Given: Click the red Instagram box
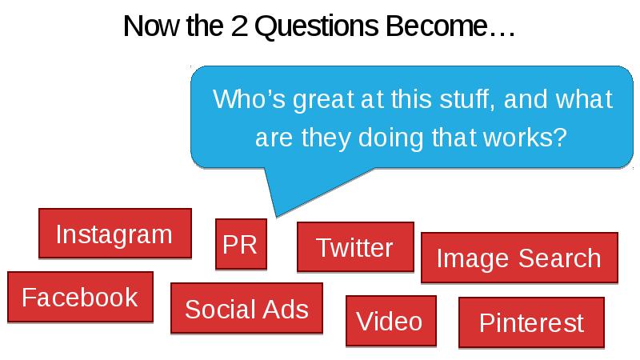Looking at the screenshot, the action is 115,234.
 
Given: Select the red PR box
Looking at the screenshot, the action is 242,244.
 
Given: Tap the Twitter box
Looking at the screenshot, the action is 355,247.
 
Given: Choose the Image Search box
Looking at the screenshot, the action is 519,258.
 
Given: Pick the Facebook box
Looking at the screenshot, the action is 81,297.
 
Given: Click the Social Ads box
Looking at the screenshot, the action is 246,309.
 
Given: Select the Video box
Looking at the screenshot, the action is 391,321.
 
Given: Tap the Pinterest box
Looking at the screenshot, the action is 531,322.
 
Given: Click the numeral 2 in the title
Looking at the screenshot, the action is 239,26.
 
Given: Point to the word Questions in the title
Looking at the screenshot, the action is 317,26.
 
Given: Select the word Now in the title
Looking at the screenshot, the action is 151,26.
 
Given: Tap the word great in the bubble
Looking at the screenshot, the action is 323,101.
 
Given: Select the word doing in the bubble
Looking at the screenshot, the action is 391,138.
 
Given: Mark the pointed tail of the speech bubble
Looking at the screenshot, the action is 277,216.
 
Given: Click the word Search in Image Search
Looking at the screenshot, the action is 559,258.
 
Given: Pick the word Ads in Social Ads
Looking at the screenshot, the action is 286,309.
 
